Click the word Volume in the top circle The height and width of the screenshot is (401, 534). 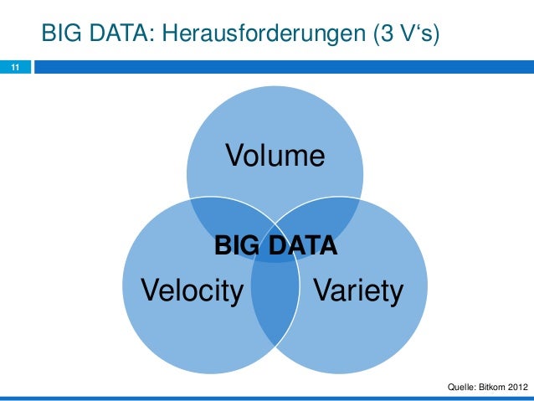[x=273, y=157]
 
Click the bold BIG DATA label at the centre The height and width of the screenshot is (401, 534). [x=276, y=246]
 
